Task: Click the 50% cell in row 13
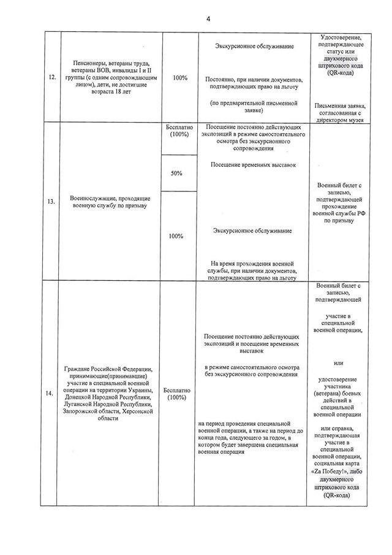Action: pyautogui.click(x=178, y=174)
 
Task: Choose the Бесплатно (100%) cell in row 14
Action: pyautogui.click(x=178, y=394)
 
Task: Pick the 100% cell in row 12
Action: pyautogui.click(x=180, y=78)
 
